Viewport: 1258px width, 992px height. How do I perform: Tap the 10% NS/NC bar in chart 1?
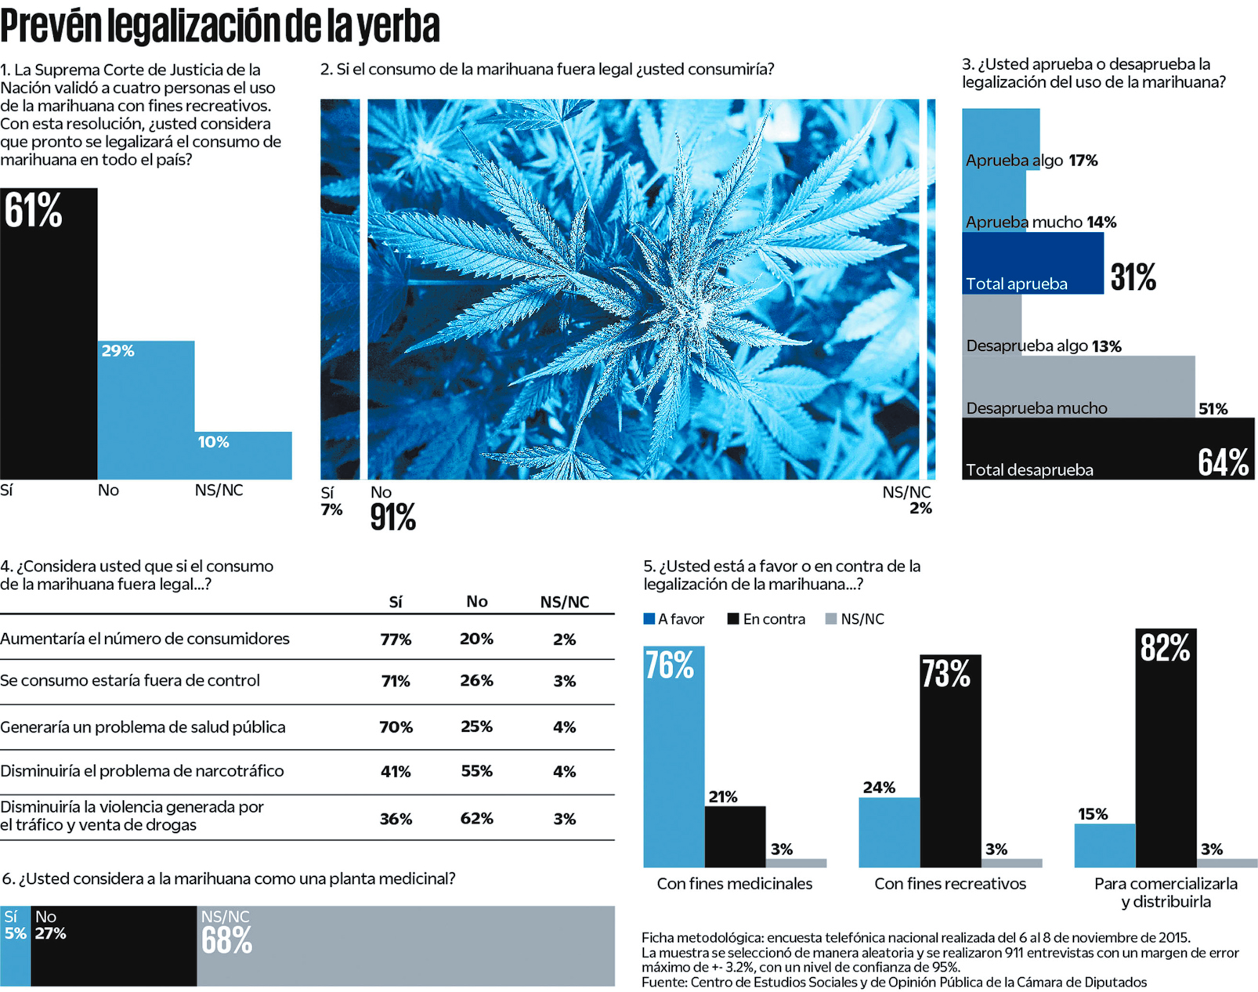[243, 455]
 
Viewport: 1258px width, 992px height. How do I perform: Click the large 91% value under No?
[392, 517]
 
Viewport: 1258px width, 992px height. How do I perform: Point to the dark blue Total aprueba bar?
[1032, 263]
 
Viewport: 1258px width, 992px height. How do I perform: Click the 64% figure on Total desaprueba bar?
[1223, 462]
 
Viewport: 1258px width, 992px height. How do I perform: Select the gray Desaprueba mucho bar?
[1078, 387]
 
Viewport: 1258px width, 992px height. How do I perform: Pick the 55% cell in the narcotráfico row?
[476, 771]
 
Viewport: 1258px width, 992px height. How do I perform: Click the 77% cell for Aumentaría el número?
[396, 639]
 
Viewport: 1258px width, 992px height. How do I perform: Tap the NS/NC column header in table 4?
[564, 602]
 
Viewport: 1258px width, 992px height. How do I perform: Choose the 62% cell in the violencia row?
[476, 818]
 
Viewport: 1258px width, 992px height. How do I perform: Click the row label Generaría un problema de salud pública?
[143, 727]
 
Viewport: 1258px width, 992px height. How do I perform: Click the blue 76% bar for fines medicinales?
[674, 756]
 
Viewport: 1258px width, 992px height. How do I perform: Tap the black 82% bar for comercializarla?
[1166, 748]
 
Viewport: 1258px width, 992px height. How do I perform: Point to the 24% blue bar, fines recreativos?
[889, 832]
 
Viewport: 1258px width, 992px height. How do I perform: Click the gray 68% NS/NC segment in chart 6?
[405, 946]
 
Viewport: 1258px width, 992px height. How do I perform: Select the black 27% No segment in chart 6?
[114, 946]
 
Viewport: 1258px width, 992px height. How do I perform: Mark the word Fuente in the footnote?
[663, 982]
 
